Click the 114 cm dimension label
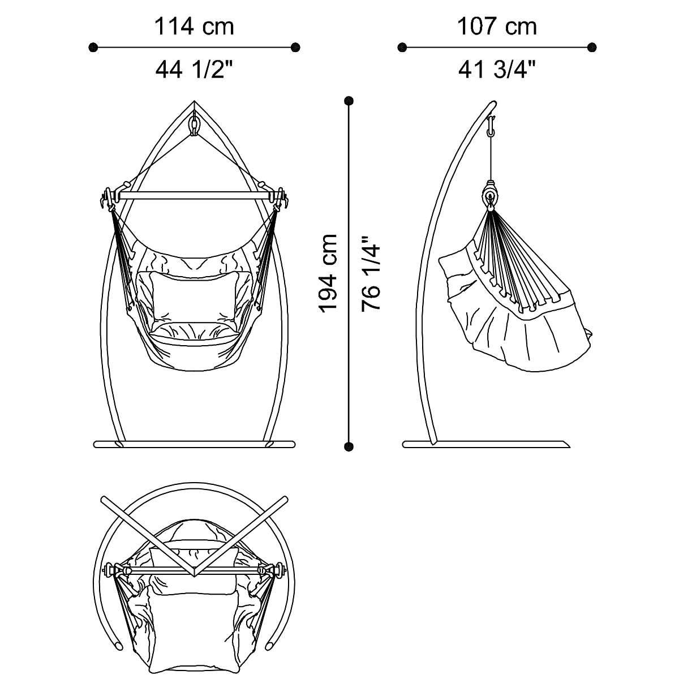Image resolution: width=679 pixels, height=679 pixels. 194,27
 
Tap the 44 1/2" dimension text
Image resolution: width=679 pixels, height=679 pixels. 195,70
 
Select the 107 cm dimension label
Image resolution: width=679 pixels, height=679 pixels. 497,27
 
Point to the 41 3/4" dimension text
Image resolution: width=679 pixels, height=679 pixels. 497,70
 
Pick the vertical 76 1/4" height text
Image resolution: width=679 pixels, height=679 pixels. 371,273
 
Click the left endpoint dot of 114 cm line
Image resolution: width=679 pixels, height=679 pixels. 93,47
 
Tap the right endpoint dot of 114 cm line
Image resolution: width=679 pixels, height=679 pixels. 295,47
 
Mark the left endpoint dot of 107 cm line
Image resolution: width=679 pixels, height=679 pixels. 402,47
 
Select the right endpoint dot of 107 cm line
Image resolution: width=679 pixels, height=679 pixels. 592,47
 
